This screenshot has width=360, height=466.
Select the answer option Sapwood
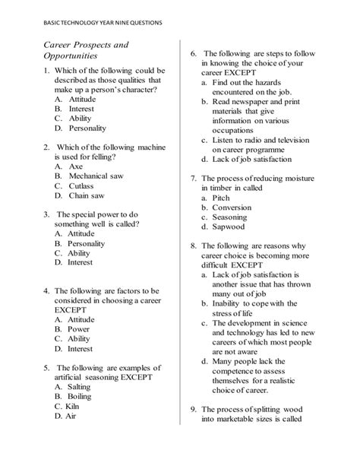click(x=229, y=227)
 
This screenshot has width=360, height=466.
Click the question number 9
click(x=193, y=408)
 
